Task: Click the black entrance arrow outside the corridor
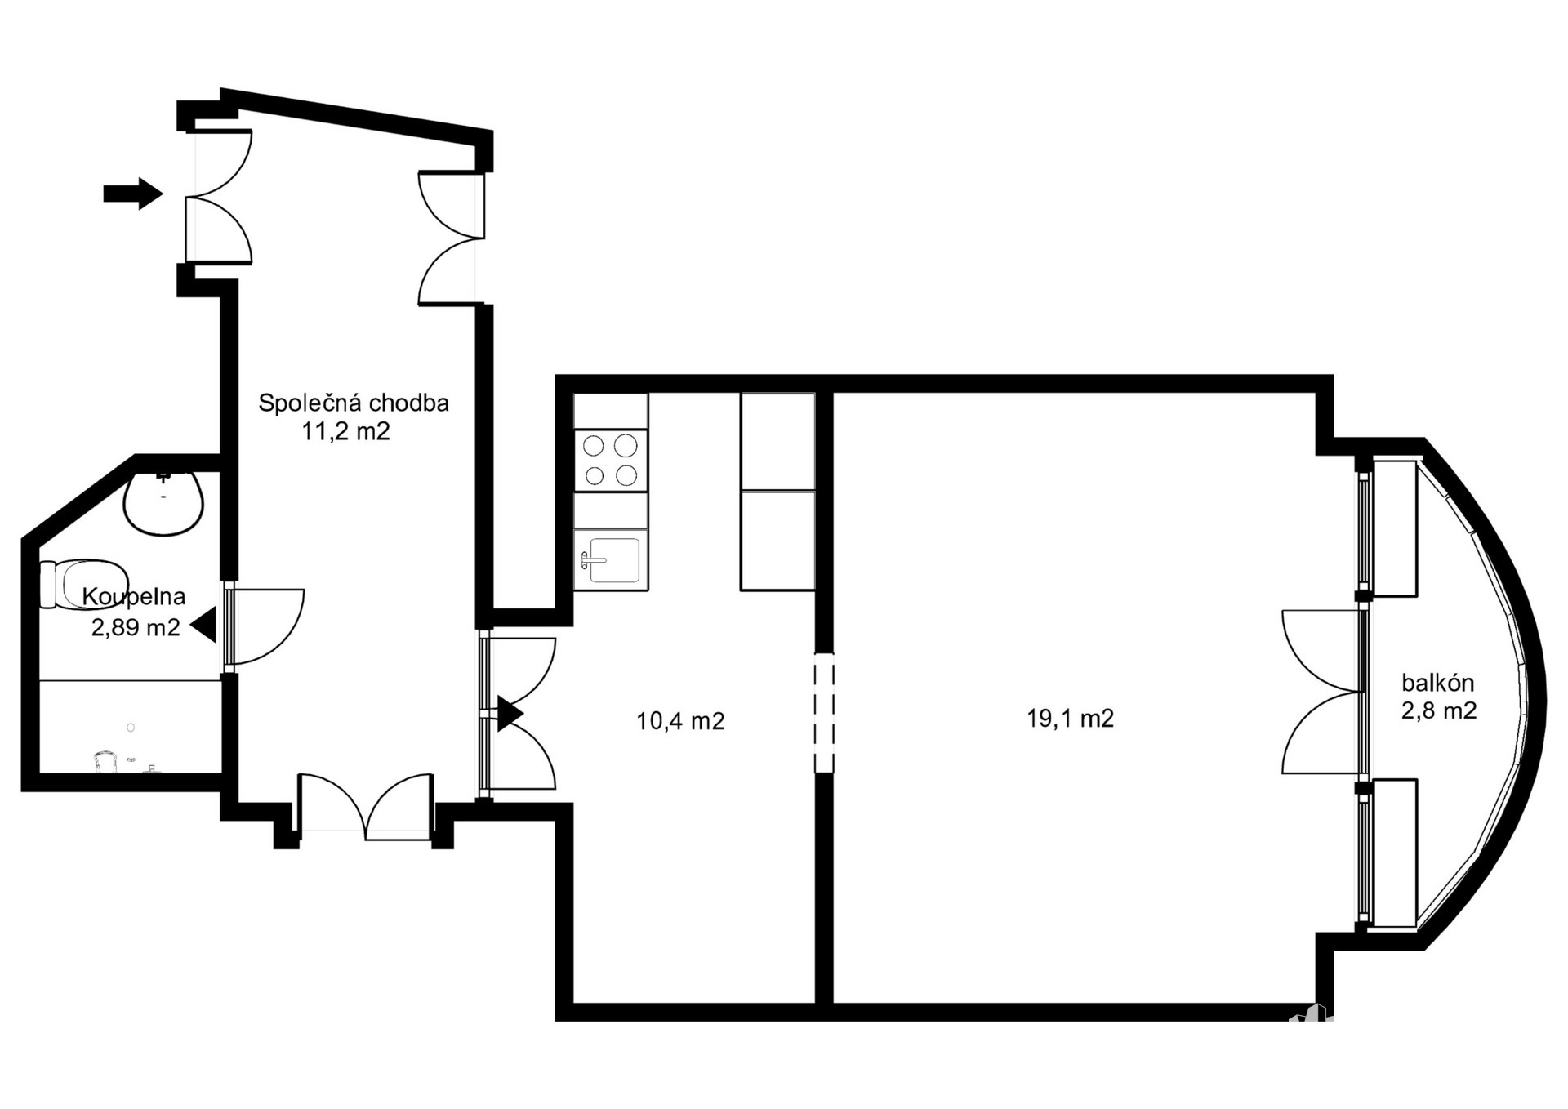[133, 194]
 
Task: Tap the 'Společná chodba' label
[354, 403]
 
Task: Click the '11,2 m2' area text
[346, 431]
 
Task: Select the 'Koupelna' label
[134, 596]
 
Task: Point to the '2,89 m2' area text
[136, 627]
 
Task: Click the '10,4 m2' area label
[680, 721]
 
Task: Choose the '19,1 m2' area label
[1070, 719]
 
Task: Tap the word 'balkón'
[1438, 682]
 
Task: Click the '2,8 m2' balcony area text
[1439, 710]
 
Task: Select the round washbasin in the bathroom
[163, 503]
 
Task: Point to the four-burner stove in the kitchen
[611, 460]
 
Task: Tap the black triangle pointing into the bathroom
[203, 626]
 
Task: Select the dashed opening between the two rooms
[825, 712]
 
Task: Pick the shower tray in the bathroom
[131, 727]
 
